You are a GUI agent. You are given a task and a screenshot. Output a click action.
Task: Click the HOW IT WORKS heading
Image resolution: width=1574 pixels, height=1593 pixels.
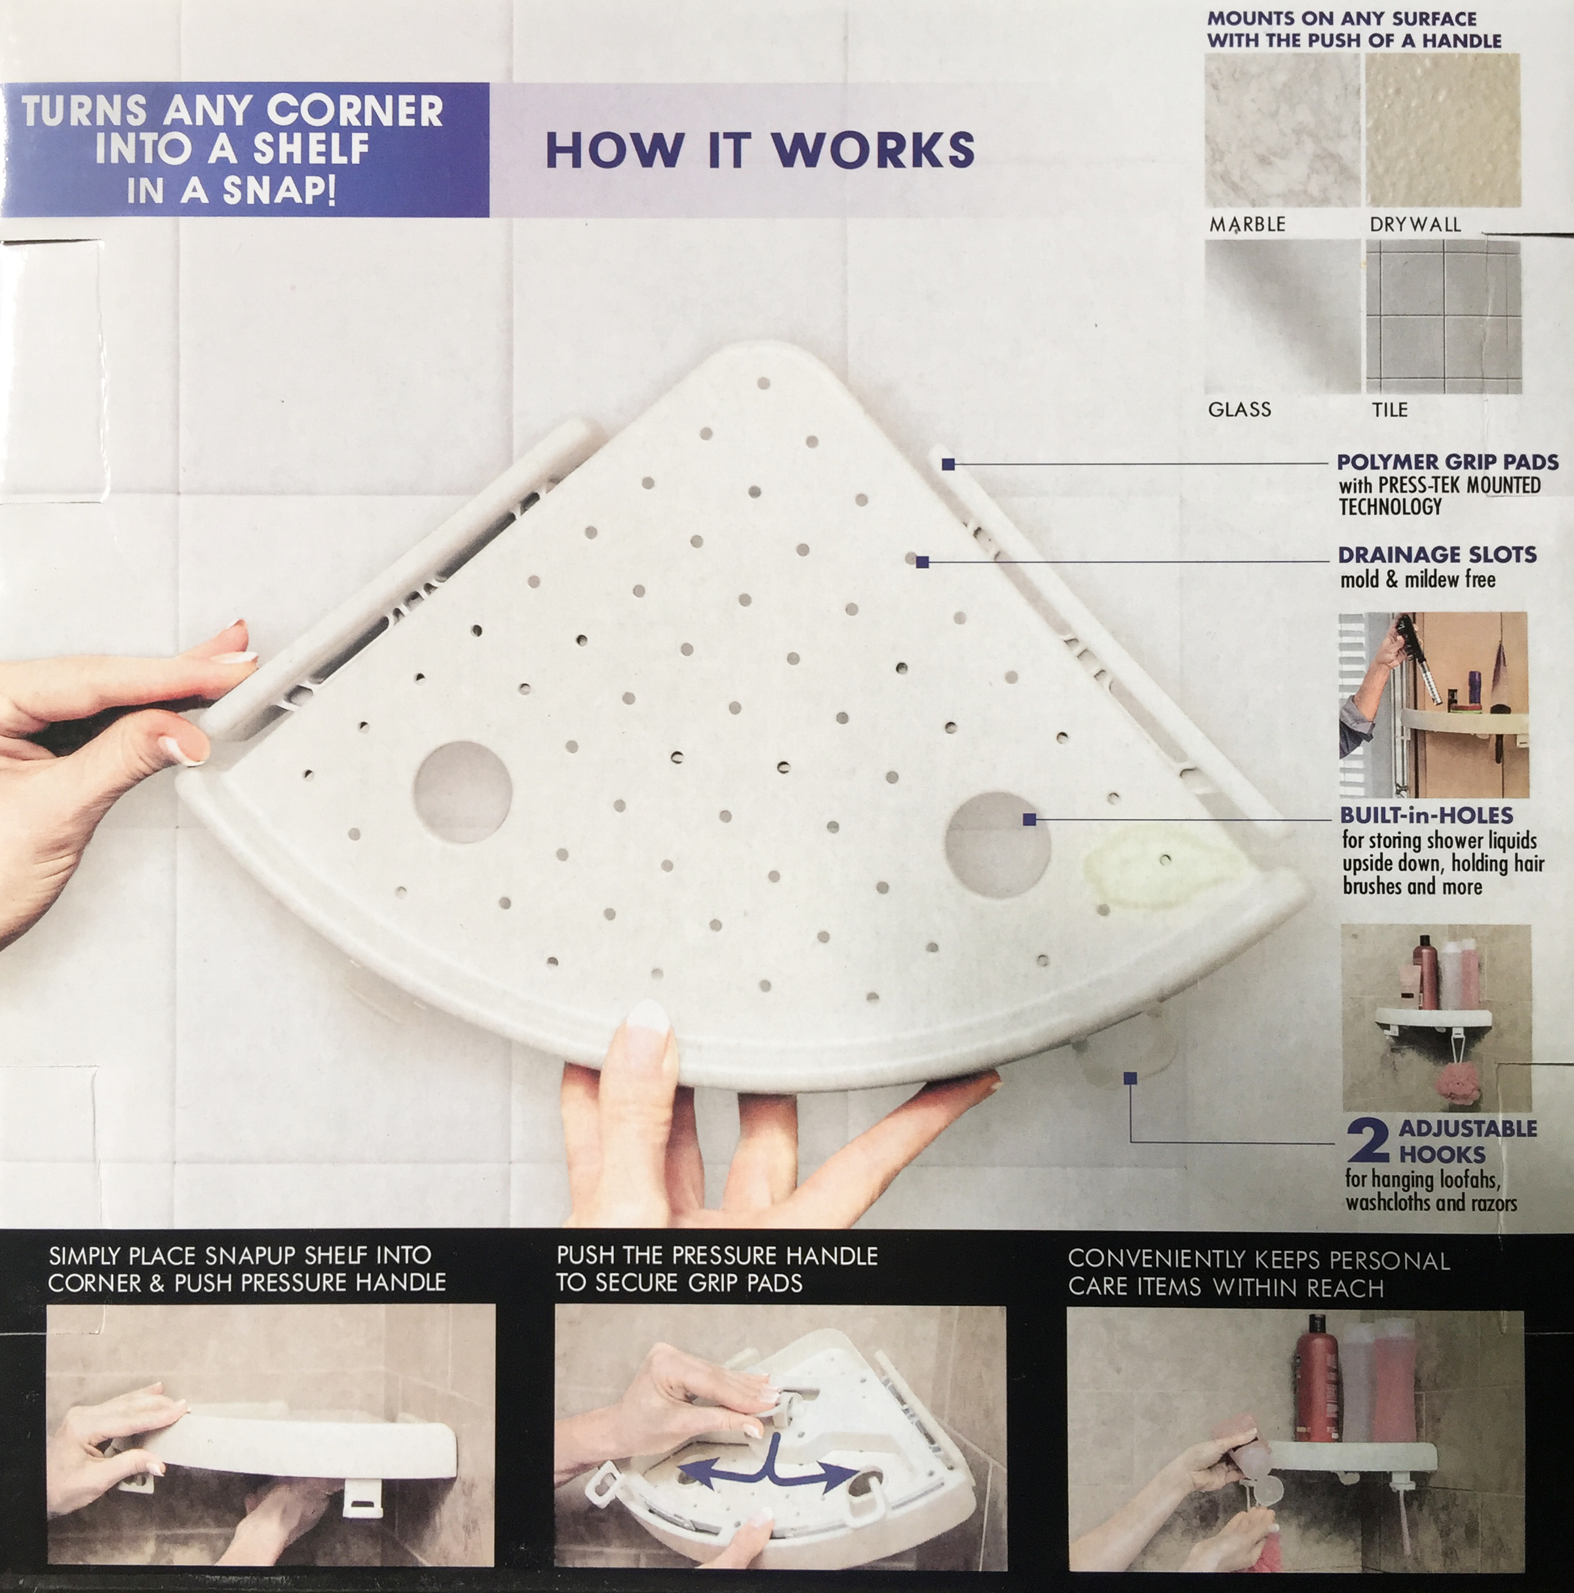[759, 150]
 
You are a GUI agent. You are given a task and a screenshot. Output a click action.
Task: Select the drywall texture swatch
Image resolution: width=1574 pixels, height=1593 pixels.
[1443, 130]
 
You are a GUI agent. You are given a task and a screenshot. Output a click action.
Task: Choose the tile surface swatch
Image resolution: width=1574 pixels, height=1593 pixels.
[1443, 317]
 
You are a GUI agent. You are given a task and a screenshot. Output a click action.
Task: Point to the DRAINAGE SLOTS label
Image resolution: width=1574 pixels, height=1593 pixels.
[1437, 555]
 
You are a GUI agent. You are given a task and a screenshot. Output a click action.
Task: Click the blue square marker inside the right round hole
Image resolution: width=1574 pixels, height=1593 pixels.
[1029, 818]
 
